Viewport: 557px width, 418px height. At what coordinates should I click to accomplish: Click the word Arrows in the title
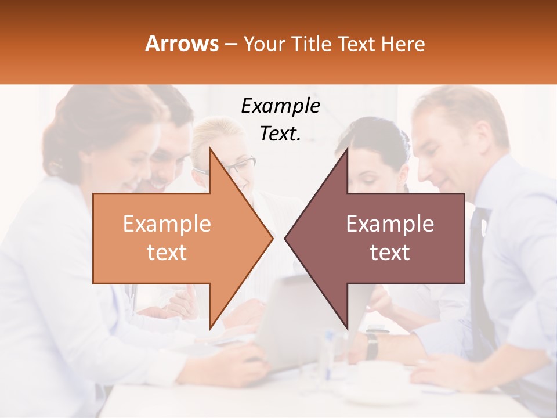tap(182, 44)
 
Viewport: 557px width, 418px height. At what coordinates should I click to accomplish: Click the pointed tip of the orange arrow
tap(272, 238)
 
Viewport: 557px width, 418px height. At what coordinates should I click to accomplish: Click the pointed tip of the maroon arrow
tap(286, 238)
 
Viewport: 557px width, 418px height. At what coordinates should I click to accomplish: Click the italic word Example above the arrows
tap(280, 106)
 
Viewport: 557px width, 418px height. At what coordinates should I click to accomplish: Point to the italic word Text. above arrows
tap(280, 134)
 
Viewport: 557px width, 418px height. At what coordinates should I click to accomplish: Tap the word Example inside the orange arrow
tap(167, 224)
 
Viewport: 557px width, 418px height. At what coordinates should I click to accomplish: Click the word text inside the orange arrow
tap(167, 252)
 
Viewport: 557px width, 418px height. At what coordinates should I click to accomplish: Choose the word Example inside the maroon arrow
tap(390, 224)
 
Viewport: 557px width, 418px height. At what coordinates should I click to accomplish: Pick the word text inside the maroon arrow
tap(390, 252)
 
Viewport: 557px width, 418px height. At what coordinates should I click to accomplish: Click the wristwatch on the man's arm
tap(372, 345)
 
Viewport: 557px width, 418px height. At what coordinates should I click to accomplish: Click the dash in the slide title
tap(230, 44)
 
